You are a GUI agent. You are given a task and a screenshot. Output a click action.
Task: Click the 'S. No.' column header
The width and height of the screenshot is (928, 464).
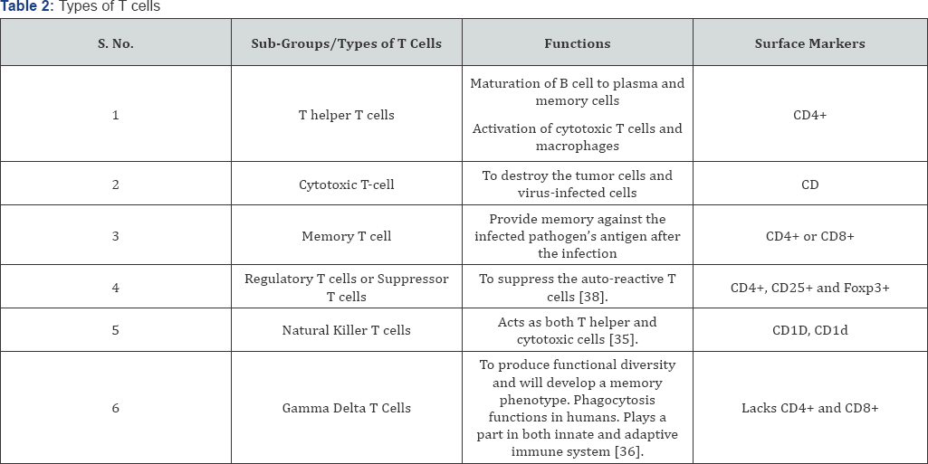pyautogui.click(x=115, y=43)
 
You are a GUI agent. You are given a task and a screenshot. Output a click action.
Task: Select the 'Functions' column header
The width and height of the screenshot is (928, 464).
pyautogui.click(x=577, y=43)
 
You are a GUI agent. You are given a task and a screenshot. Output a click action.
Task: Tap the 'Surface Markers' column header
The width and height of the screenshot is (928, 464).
pyautogui.click(x=809, y=43)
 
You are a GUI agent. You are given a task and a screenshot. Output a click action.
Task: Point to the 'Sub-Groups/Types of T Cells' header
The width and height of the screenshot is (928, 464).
pyautogui.click(x=346, y=43)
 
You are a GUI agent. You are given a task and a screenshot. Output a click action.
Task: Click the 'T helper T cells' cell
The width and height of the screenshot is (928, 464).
pyautogui.click(x=346, y=115)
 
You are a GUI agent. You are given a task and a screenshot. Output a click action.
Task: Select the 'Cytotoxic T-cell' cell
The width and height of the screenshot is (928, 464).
pyautogui.click(x=346, y=185)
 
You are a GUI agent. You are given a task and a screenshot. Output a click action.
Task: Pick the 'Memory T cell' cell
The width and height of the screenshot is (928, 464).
pyautogui.click(x=346, y=236)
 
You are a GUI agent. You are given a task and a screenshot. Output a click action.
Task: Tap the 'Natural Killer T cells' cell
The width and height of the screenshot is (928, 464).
pyautogui.click(x=346, y=330)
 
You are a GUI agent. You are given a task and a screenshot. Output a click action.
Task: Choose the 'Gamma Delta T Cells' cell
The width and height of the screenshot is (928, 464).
pyautogui.click(x=346, y=408)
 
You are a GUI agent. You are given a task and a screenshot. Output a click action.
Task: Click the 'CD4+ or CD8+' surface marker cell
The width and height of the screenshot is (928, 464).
pyautogui.click(x=809, y=236)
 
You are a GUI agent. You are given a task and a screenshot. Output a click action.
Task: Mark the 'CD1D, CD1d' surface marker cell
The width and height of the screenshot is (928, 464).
pyautogui.click(x=809, y=330)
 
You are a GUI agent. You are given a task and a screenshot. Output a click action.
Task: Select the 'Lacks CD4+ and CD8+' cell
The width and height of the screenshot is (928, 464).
pyautogui.click(x=809, y=408)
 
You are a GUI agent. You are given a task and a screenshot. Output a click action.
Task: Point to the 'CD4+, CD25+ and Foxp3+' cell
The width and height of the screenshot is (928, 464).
pyautogui.click(x=809, y=288)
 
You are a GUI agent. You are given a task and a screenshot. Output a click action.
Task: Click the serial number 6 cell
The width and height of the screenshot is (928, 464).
pyautogui.click(x=115, y=408)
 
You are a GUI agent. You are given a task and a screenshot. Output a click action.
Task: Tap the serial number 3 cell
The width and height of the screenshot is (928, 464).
pyautogui.click(x=115, y=236)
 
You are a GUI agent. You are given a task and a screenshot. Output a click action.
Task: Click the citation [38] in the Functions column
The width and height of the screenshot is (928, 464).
pyautogui.click(x=594, y=297)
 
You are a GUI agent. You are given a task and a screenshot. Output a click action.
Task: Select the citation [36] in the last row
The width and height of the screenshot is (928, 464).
pyautogui.click(x=629, y=452)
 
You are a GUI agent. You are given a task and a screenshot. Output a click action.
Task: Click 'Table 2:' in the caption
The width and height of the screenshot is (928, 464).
pyautogui.click(x=27, y=6)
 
